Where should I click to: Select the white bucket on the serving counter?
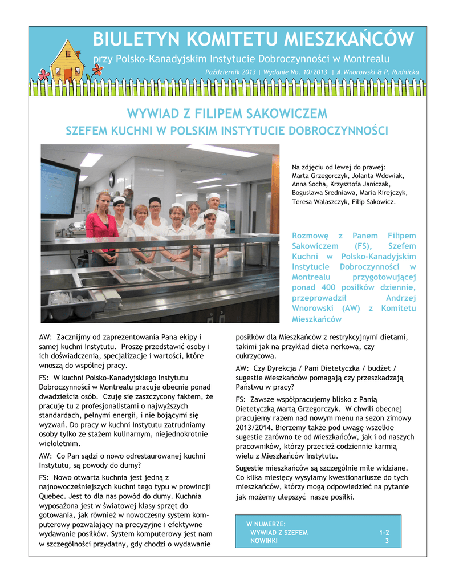234,259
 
